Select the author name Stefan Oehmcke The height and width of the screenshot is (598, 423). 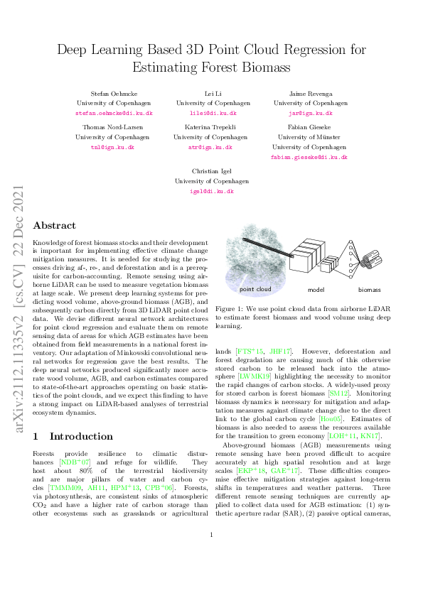click(114, 94)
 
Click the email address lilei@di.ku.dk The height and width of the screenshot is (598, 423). click(211, 113)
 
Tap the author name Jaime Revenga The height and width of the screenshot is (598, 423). click(308, 94)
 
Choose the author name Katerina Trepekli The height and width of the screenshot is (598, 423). click(211, 128)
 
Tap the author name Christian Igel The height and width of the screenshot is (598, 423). click(211, 172)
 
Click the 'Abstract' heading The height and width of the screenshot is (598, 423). click(55, 225)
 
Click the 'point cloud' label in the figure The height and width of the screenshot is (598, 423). click(257, 290)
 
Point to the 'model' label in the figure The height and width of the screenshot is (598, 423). click(316, 290)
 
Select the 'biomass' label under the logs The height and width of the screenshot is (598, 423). click(368, 290)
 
